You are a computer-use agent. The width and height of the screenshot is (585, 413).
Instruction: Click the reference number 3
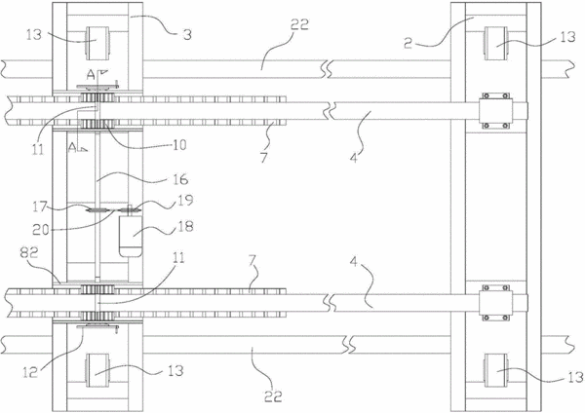tap(187, 34)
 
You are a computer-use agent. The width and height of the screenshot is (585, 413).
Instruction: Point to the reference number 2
tap(409, 43)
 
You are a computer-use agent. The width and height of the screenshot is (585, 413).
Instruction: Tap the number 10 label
tap(179, 144)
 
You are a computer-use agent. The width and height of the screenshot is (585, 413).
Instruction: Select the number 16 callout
tap(180, 179)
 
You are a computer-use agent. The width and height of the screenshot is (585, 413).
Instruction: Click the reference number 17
tap(40, 206)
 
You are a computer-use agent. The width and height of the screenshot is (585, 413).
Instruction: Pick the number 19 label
tap(186, 200)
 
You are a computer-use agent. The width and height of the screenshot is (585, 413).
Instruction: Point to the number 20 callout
tap(41, 230)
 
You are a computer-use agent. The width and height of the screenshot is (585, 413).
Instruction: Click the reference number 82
tap(29, 253)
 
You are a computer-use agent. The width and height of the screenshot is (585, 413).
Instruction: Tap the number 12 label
tap(30, 372)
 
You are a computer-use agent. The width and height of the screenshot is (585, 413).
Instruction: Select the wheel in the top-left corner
tap(97, 43)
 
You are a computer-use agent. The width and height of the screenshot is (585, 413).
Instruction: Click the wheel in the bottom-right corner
tap(496, 370)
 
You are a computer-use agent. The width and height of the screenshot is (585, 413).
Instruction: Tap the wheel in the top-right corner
tap(495, 43)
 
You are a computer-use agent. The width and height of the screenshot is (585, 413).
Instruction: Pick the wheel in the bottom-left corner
tap(97, 370)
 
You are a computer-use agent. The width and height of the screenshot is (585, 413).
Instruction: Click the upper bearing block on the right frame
tap(496, 111)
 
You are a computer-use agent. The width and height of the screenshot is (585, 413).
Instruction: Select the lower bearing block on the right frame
tap(496, 303)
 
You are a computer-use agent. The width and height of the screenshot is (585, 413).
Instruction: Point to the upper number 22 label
tap(300, 24)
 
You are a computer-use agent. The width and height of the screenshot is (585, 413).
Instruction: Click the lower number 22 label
tap(273, 396)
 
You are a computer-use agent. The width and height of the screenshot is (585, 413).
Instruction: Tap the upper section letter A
tap(91, 75)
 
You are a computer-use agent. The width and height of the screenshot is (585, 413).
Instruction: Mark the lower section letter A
tap(72, 148)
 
